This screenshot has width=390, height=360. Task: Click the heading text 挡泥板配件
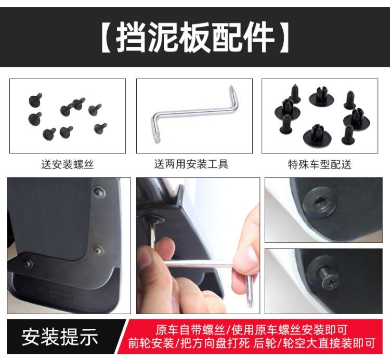coord(195,37)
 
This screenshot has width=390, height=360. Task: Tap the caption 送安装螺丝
coord(68,164)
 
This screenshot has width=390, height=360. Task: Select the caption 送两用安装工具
coord(191,164)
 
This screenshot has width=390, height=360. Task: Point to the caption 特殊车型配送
coord(320,164)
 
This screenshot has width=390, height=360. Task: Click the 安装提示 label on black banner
coord(60,337)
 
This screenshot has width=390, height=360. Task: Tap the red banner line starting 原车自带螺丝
coord(251,330)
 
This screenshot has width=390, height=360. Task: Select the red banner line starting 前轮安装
coord(252,343)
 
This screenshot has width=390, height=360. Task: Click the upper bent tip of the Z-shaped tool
coord(231,88)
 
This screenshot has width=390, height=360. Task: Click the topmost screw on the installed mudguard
coord(99,192)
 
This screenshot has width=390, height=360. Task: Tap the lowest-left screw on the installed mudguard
coord(29,263)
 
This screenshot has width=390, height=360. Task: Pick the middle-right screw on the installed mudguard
coord(97,250)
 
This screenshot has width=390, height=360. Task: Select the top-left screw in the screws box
coord(35,99)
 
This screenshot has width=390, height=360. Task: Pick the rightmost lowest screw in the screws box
coord(100,128)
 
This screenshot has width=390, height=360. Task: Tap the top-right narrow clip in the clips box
coord(349,100)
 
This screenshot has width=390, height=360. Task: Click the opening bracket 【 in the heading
coord(107,37)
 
